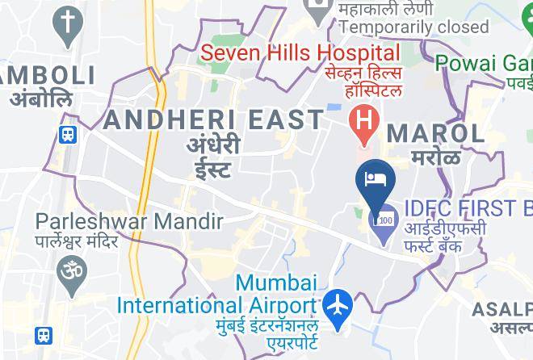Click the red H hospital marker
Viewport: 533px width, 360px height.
(364, 122)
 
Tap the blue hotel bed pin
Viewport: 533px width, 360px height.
(374, 178)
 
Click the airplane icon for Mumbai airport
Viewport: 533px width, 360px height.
(336, 306)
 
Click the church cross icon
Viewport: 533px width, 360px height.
(67, 24)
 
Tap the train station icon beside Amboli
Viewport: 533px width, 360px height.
(67, 134)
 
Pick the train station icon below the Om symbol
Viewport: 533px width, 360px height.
(44, 334)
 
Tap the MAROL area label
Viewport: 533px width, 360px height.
(435, 133)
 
